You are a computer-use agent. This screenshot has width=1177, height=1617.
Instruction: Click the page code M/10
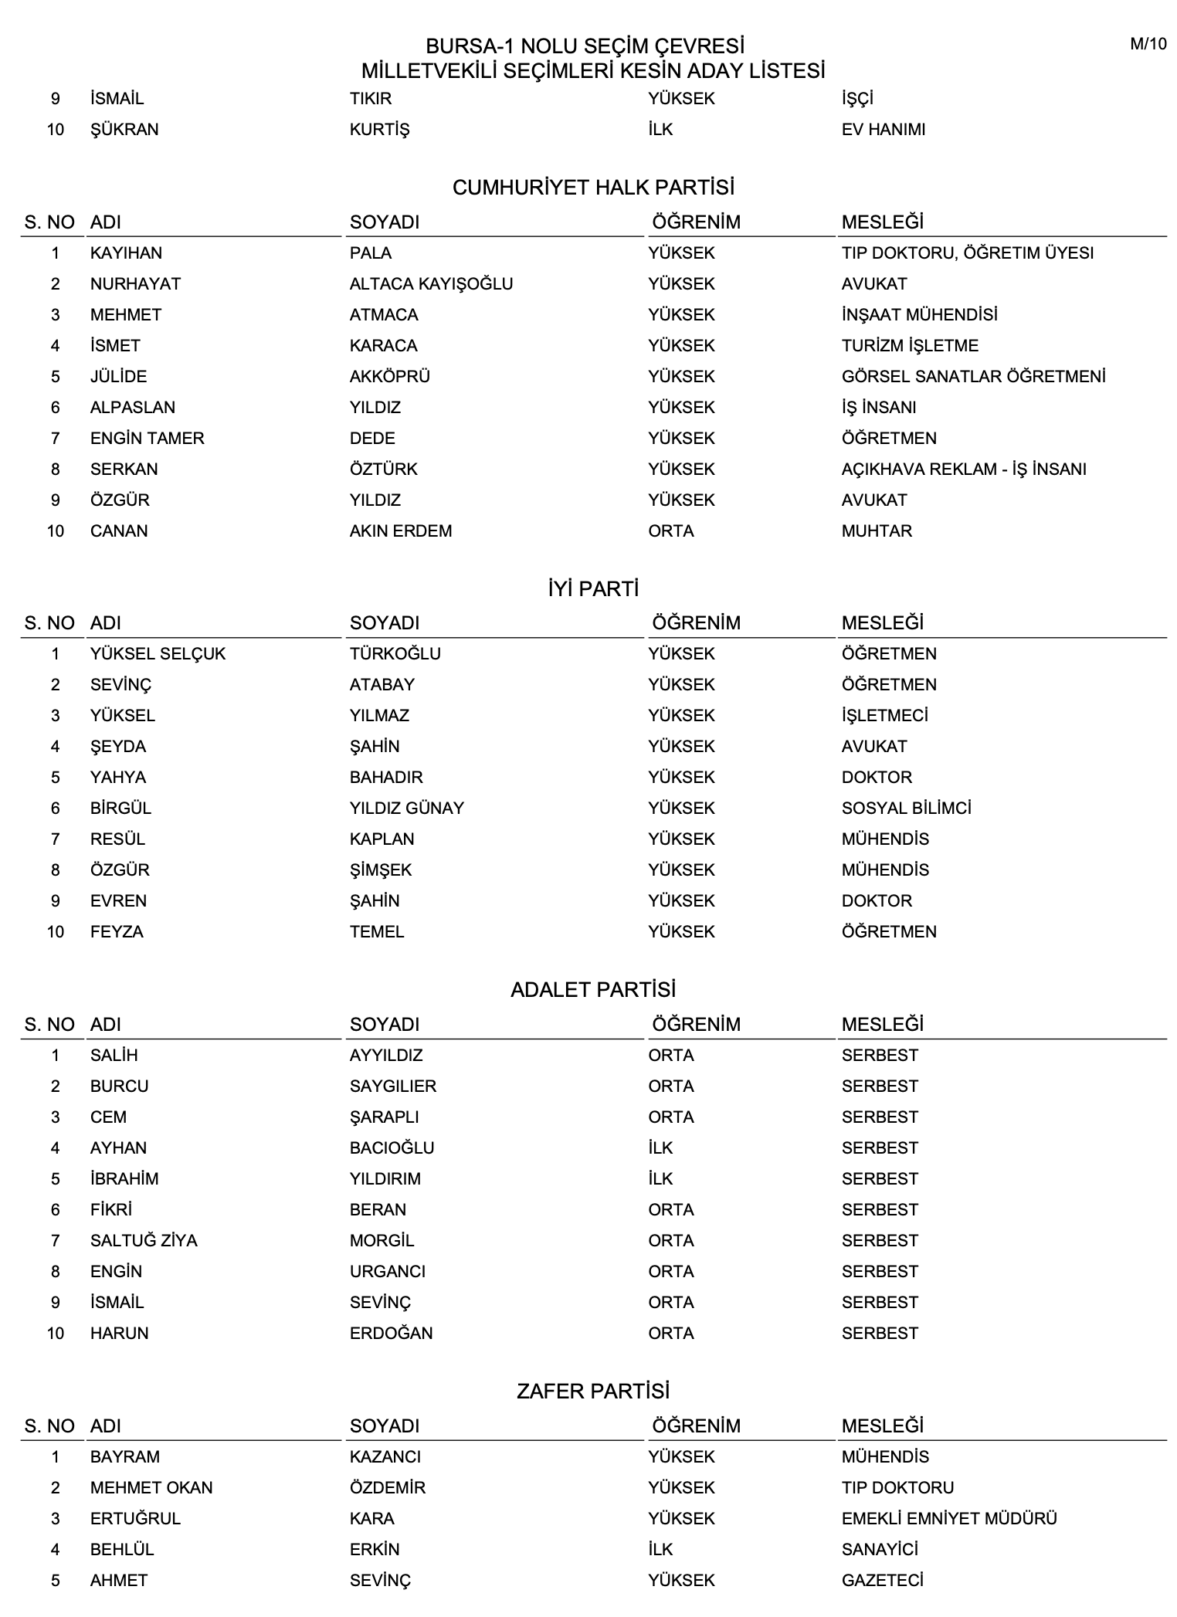(1148, 44)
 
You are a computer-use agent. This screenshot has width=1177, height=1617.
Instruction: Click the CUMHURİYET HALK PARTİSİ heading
(593, 188)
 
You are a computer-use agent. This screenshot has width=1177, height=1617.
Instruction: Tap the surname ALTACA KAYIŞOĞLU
(431, 284)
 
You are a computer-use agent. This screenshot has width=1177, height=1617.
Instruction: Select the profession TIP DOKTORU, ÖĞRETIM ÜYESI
(967, 253)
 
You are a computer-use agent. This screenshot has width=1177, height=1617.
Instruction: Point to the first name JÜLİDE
(118, 377)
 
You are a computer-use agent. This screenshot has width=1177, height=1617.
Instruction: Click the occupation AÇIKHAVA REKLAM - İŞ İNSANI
(964, 470)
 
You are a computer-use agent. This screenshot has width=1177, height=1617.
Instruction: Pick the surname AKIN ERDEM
(401, 531)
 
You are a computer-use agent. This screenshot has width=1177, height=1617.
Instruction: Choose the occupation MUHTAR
(877, 531)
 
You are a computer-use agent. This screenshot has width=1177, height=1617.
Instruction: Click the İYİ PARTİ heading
(593, 589)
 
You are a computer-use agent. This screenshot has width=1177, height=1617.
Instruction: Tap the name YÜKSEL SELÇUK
(158, 654)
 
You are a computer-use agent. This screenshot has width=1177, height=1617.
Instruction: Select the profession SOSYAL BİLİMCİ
(906, 808)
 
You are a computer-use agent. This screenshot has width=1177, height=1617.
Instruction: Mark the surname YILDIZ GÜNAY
(407, 808)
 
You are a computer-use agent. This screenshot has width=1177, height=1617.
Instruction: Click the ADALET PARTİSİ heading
(593, 990)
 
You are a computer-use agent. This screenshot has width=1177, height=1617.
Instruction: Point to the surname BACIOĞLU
(392, 1148)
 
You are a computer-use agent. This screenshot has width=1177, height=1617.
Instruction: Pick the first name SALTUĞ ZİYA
(144, 1241)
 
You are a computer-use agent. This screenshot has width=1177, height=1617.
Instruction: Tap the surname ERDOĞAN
(391, 1334)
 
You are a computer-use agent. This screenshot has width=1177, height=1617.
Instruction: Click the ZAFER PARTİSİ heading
(593, 1392)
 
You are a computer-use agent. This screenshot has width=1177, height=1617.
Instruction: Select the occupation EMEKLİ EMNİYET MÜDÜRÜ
(949, 1519)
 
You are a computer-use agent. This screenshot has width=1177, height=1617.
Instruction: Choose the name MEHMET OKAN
(151, 1488)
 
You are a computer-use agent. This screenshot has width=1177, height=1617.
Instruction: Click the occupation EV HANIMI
(884, 130)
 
